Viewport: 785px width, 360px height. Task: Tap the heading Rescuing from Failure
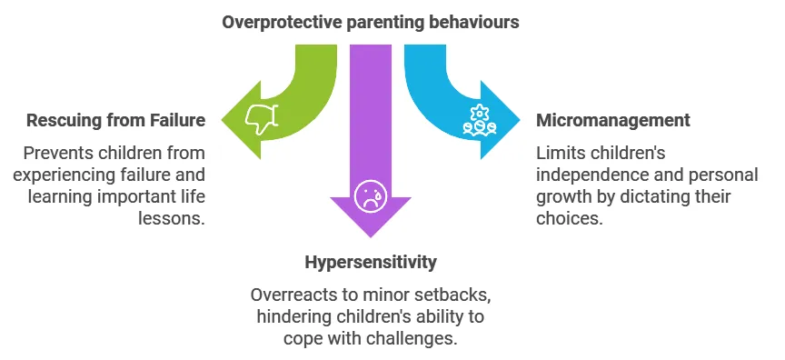pyautogui.click(x=115, y=120)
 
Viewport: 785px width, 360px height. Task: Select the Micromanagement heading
pyautogui.click(x=613, y=120)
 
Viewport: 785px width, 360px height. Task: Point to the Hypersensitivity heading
pyautogui.click(x=371, y=263)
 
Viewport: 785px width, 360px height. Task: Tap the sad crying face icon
pyautogui.click(x=369, y=195)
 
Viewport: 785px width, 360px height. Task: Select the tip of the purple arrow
pyautogui.click(x=369, y=235)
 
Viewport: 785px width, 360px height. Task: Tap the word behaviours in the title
pyautogui.click(x=473, y=21)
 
